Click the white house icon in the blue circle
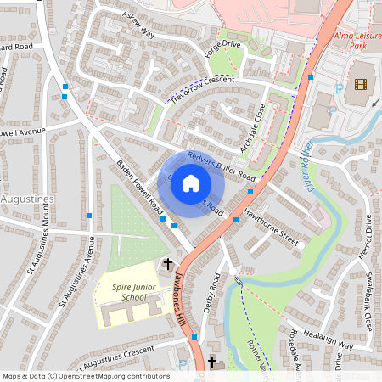pos(191,183)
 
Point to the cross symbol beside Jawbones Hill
pos(167,264)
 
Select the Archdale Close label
pos(253,128)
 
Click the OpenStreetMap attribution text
pos(85,375)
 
